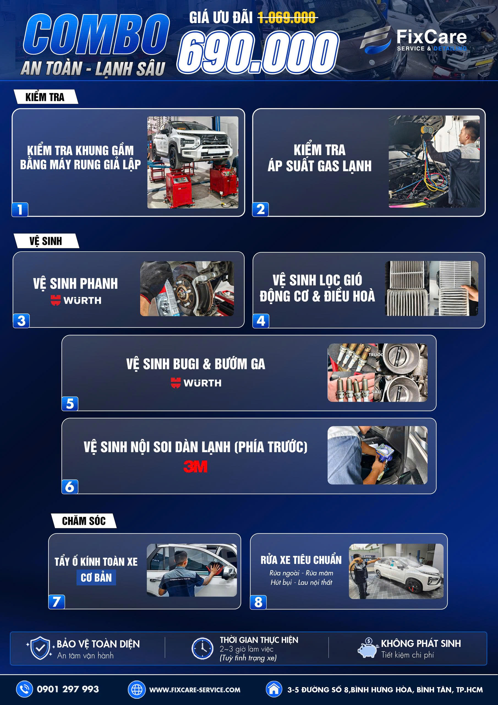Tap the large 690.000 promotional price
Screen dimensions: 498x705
click(258, 52)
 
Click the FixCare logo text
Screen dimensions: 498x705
click(431, 37)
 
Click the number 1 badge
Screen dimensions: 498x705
click(20, 209)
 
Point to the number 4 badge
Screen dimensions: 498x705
click(261, 321)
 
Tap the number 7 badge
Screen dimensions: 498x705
click(57, 601)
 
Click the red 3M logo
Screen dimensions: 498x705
click(195, 467)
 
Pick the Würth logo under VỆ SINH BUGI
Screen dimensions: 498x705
click(196, 383)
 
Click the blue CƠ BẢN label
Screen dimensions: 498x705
click(96, 577)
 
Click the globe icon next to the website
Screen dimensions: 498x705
click(136, 689)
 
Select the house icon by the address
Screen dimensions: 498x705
click(274, 689)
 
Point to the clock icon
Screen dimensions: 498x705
click(202, 648)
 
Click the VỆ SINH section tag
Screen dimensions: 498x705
click(46, 241)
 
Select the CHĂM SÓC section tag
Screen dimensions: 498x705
click(84, 520)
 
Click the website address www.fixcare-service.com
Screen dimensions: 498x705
click(195, 690)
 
